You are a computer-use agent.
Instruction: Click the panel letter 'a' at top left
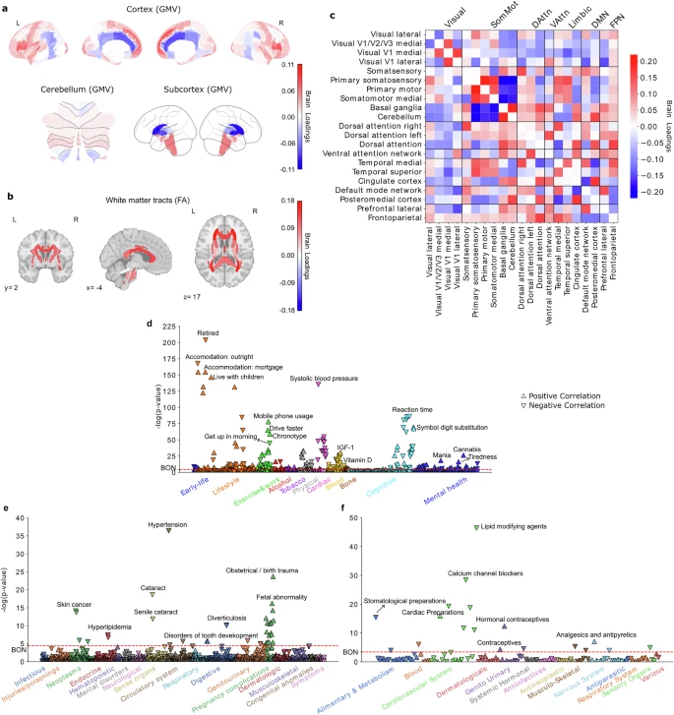coord(7,8)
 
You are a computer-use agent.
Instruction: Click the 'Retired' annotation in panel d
coord(208,333)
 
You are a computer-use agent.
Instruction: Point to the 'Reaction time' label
coord(412,409)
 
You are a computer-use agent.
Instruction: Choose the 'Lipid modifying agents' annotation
coord(520,527)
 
